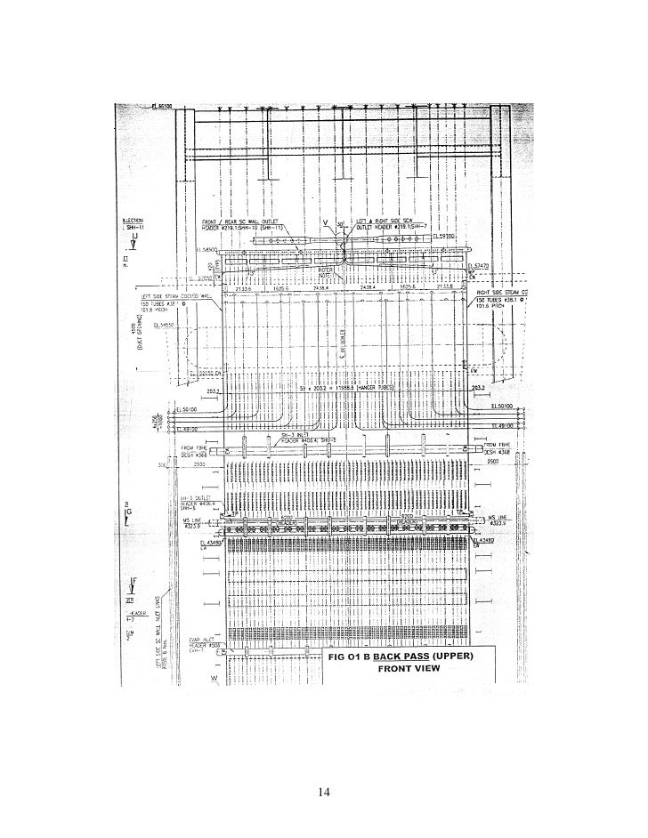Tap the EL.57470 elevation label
[x=479, y=266]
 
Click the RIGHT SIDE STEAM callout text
[x=504, y=291]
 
